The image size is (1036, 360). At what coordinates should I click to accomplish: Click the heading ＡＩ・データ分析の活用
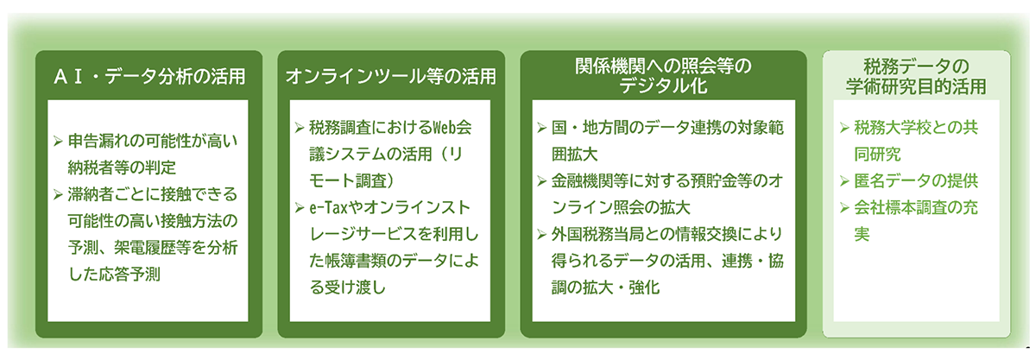pyautogui.click(x=149, y=77)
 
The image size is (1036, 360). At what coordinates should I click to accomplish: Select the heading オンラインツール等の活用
pyautogui.click(x=391, y=77)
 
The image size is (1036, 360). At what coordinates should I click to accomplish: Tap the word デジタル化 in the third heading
pyautogui.click(x=663, y=86)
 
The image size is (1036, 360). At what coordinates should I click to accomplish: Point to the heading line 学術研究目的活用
pyautogui.click(x=916, y=86)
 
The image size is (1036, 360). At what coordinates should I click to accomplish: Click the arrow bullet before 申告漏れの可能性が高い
pyautogui.click(x=58, y=141)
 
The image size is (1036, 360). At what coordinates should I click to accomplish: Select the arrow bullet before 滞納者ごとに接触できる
pyautogui.click(x=58, y=194)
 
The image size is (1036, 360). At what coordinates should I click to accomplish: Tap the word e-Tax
pyautogui.click(x=328, y=208)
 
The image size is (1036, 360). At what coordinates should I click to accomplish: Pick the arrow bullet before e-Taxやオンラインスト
pyautogui.click(x=300, y=208)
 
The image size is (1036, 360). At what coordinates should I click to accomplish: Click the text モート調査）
pyautogui.click(x=351, y=181)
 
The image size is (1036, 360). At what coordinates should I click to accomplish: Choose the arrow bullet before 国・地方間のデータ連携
pyautogui.click(x=541, y=127)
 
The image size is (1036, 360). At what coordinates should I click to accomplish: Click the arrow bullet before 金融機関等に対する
pyautogui.click(x=541, y=181)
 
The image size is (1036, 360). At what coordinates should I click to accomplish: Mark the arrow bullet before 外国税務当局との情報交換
pyautogui.click(x=541, y=235)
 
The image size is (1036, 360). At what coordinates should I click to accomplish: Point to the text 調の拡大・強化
pyautogui.click(x=605, y=287)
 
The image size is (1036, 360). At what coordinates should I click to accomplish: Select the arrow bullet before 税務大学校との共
pyautogui.click(x=844, y=127)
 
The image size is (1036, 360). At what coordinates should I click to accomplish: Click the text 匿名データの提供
pyautogui.click(x=916, y=181)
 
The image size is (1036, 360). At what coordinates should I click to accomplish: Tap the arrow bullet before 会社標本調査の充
pyautogui.click(x=844, y=208)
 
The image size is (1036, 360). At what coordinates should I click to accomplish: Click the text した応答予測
pyautogui.click(x=114, y=275)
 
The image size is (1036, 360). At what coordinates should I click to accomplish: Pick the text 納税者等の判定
pyautogui.click(x=122, y=167)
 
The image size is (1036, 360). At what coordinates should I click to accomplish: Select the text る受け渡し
pyautogui.click(x=347, y=287)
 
